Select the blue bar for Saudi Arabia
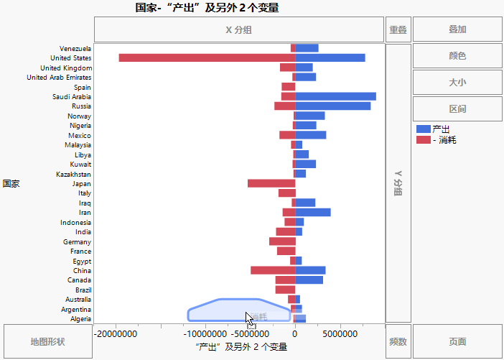pyautogui.click(x=335, y=96)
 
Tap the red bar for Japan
pyautogui.click(x=271, y=183)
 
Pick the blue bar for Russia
pyautogui.click(x=332, y=106)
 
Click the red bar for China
pyautogui.click(x=273, y=270)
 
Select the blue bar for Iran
pyautogui.click(x=312, y=212)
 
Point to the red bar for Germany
pyautogui.click(x=282, y=241)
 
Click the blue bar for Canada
pyautogui.click(x=309, y=280)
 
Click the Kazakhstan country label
pyautogui.click(x=73, y=174)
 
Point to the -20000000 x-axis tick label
pyautogui.click(x=117, y=334)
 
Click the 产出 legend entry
pyautogui.click(x=440, y=129)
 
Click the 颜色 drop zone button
pyautogui.click(x=457, y=55)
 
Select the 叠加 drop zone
pyautogui.click(x=457, y=29)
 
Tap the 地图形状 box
pyautogui.click(x=47, y=341)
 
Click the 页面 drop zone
pyautogui.click(x=457, y=341)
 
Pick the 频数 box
pyautogui.click(x=398, y=341)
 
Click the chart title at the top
pyautogui.click(x=207, y=8)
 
